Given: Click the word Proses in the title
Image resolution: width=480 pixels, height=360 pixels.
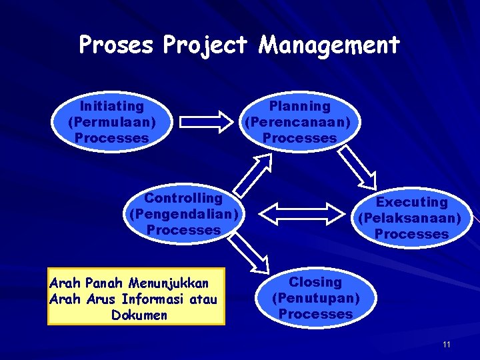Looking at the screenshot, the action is click(115, 45).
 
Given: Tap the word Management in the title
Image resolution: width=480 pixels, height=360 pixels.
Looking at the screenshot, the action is click(329, 45).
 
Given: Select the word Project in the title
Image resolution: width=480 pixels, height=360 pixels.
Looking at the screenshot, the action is click(205, 45).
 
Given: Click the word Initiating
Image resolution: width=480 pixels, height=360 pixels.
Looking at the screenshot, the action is click(112, 106).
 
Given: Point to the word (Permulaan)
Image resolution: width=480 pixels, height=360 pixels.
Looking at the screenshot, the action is click(112, 122).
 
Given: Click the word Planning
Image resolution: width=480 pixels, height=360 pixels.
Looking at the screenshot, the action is click(300, 106).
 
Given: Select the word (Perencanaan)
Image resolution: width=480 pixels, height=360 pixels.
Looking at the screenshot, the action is click(300, 122).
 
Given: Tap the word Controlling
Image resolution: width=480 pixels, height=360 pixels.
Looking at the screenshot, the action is click(183, 198).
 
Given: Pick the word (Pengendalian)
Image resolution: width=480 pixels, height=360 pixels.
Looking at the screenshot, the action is click(183, 214).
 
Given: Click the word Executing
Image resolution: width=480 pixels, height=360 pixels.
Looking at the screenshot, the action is click(412, 202).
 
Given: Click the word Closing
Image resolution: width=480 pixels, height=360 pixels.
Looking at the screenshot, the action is click(315, 282).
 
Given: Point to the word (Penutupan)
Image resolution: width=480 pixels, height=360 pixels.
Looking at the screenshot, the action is click(315, 297).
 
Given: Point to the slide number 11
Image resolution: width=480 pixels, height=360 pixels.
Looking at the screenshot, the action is click(447, 345).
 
